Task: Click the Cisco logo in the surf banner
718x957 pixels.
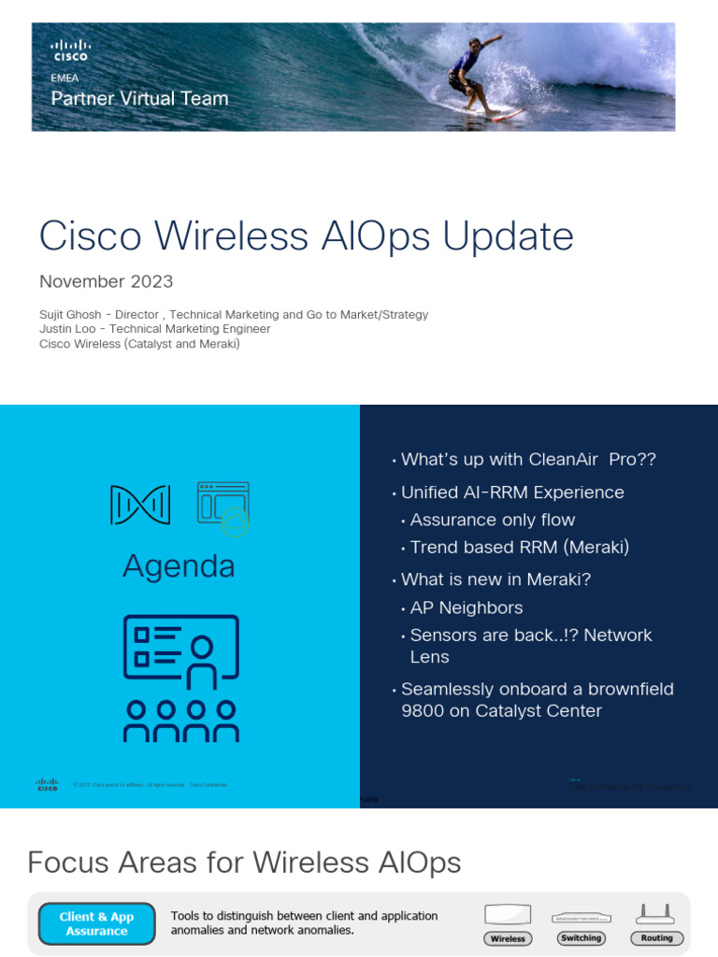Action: pyautogui.click(x=71, y=50)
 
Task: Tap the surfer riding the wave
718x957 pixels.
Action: pyautogui.click(x=473, y=75)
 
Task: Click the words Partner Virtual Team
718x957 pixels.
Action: pyautogui.click(x=139, y=98)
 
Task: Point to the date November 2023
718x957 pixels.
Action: pyautogui.click(x=106, y=281)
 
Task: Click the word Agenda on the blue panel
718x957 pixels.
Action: pyautogui.click(x=179, y=566)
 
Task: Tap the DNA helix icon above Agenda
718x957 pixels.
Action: pyautogui.click(x=140, y=505)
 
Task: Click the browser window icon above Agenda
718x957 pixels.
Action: pyautogui.click(x=223, y=507)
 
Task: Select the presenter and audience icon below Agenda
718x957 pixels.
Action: pyautogui.click(x=181, y=678)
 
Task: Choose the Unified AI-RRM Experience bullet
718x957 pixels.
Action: pyautogui.click(x=512, y=493)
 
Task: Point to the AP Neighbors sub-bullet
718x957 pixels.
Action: pyautogui.click(x=467, y=607)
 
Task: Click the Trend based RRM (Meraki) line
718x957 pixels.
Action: pyautogui.click(x=520, y=548)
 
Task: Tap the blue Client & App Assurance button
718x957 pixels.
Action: pyautogui.click(x=96, y=924)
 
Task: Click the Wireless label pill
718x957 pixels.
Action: pyautogui.click(x=508, y=938)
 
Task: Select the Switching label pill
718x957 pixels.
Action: pyautogui.click(x=581, y=938)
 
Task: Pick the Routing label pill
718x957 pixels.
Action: pyautogui.click(x=656, y=938)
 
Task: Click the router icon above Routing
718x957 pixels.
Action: pyautogui.click(x=655, y=914)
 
